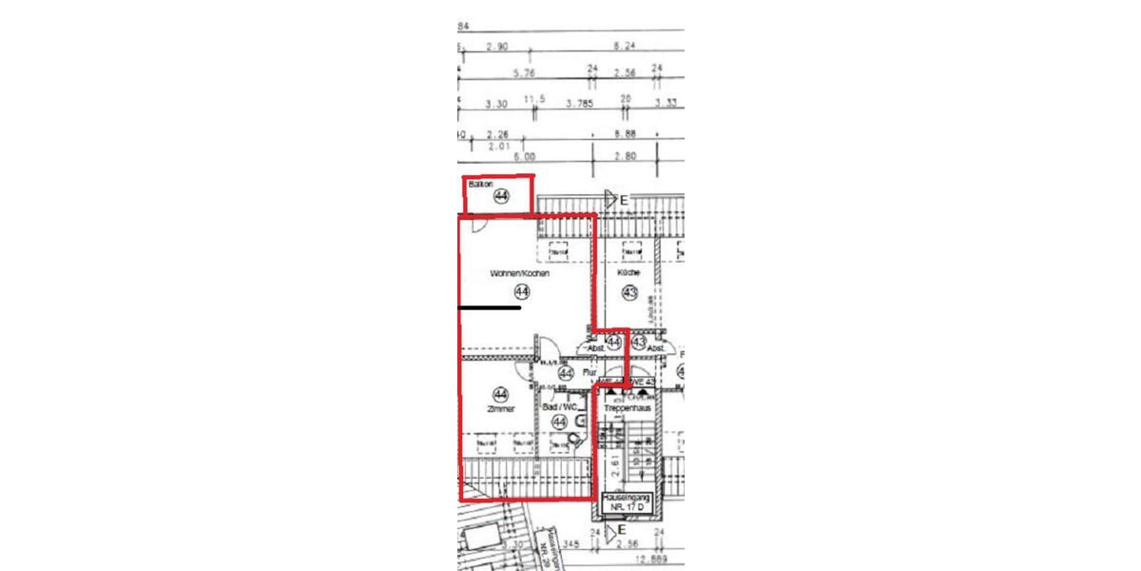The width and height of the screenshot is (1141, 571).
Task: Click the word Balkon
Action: point(480,184)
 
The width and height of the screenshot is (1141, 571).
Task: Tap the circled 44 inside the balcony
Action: point(501,197)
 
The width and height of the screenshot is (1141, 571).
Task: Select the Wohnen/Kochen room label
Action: point(520,273)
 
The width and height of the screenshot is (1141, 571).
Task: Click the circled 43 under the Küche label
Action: point(629,292)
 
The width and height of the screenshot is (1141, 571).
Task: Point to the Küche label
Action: point(629,273)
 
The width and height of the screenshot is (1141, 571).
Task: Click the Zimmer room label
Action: point(500,410)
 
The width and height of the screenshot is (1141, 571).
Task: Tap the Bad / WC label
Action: point(560,407)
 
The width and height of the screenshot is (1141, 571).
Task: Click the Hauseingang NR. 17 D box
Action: point(626,502)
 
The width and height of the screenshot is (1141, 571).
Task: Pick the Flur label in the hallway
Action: point(590,373)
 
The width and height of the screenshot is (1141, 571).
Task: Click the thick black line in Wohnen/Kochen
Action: point(490,308)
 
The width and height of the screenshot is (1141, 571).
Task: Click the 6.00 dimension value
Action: point(525,157)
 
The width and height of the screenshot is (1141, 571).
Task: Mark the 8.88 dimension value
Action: point(625,134)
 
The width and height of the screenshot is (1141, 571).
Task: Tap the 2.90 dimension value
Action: point(497,46)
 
